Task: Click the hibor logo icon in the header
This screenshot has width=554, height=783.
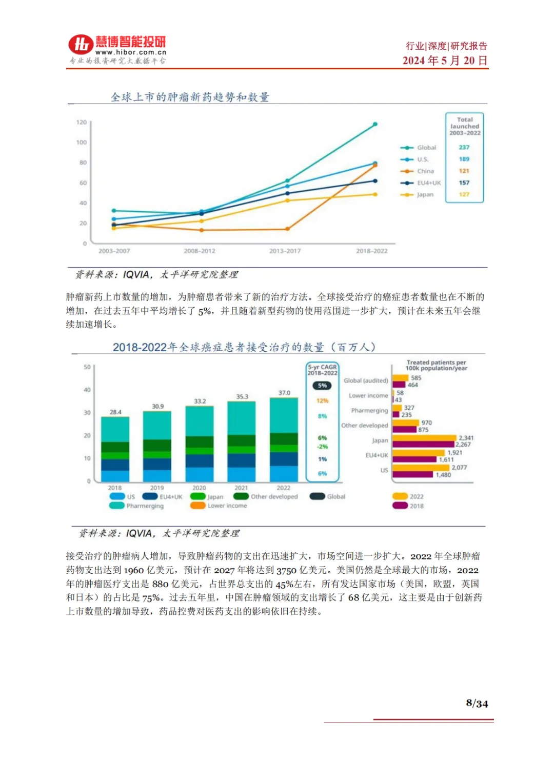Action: point(81,45)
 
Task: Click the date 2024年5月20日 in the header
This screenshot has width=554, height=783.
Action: point(445,61)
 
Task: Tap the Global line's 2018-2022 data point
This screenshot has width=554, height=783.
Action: point(375,124)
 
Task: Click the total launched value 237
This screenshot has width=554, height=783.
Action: point(464,148)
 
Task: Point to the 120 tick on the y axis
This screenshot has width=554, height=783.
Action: point(82,122)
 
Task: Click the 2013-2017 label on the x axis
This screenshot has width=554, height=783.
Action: point(285,251)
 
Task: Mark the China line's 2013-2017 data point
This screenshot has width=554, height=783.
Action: point(287,229)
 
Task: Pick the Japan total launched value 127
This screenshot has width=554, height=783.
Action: point(464,195)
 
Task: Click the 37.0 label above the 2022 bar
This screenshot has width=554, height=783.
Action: point(284,393)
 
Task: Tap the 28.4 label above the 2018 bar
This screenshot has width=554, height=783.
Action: point(115,412)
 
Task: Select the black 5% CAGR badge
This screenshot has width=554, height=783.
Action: point(322,386)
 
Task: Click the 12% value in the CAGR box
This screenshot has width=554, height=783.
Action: point(322,401)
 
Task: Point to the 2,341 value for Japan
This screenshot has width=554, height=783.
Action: point(466,438)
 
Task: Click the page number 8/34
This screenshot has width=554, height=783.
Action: point(477,704)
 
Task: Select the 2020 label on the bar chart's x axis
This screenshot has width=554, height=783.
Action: point(199,488)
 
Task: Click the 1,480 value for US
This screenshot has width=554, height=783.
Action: point(443,475)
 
